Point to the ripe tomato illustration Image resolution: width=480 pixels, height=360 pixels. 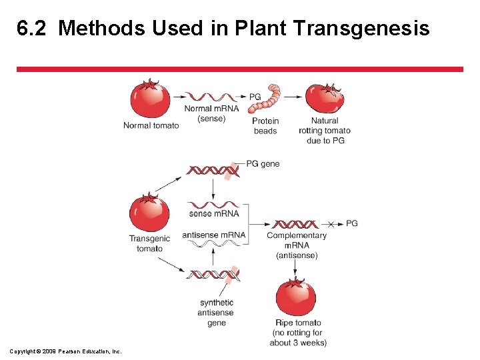click(296, 297)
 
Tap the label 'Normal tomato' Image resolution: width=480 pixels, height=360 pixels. click(151, 125)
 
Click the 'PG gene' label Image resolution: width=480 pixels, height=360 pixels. click(263, 164)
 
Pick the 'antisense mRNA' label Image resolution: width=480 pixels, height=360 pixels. click(213, 235)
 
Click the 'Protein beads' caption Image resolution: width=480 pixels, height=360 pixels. click(265, 126)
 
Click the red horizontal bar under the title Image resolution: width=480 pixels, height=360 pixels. click(240, 69)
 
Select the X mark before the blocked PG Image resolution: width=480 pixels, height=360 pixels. click(332, 223)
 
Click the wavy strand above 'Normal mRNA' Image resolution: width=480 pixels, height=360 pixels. click(211, 97)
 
